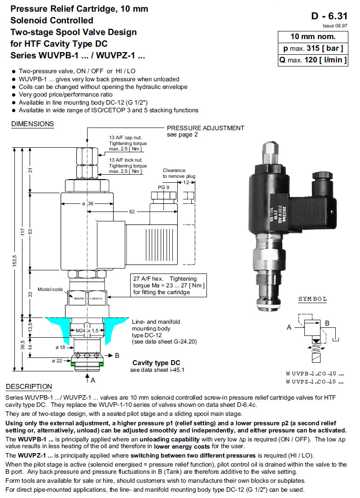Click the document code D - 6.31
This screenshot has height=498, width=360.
coord(329,16)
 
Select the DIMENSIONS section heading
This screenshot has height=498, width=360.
coord(32,124)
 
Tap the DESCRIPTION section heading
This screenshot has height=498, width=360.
coord(29,387)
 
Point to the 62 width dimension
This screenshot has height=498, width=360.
coord(132,211)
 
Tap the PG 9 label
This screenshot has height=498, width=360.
coord(163,187)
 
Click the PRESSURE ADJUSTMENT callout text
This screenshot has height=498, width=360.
coord(206,128)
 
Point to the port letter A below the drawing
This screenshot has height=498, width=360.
coord(93,380)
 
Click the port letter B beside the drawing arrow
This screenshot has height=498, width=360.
coord(117,355)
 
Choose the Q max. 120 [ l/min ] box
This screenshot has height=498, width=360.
coord(313,60)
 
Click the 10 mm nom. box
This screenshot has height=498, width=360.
coord(313,37)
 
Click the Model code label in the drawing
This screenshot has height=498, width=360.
coord(50,289)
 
